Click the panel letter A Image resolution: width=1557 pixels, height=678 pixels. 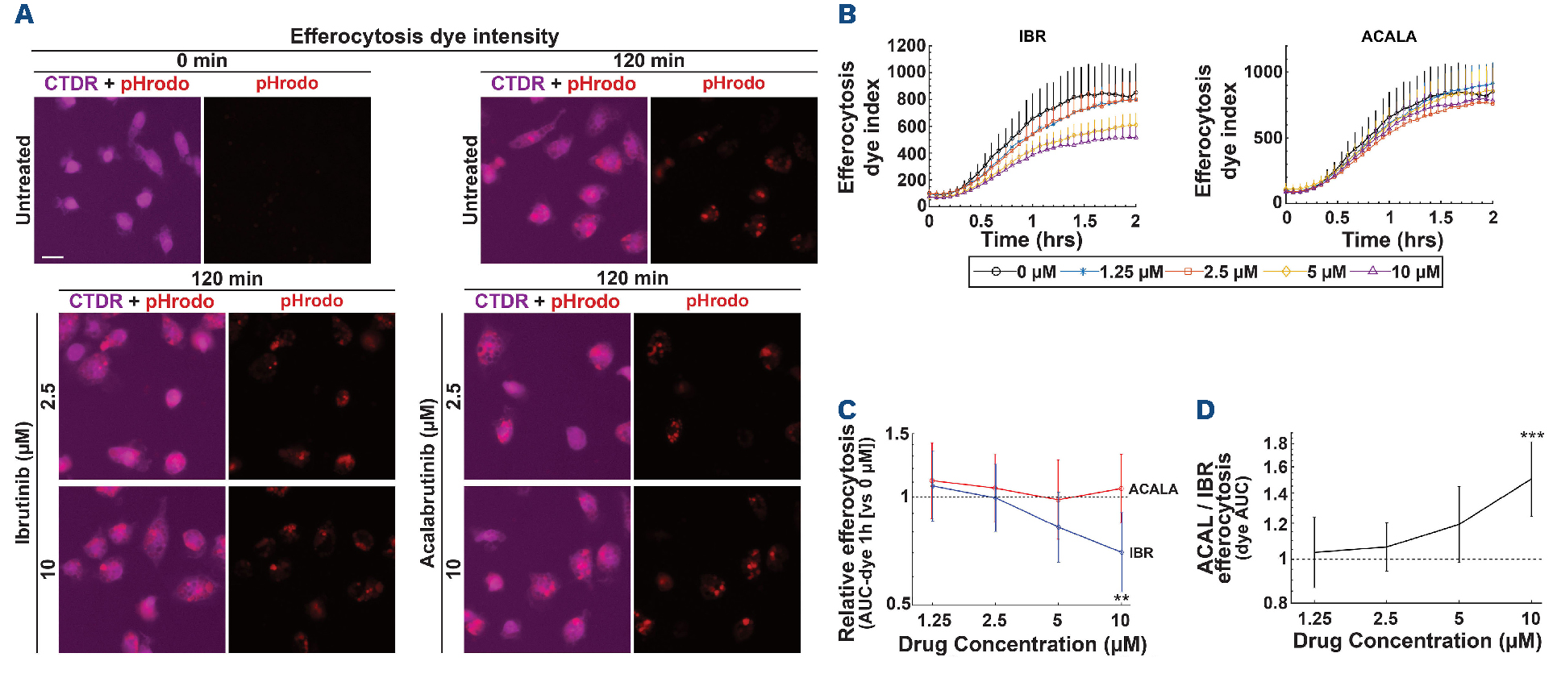coord(24,15)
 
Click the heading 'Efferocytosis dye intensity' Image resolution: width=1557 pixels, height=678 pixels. coord(424,36)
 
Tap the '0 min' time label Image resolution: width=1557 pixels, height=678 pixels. coord(202,60)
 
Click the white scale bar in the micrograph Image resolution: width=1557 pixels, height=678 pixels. coord(52,257)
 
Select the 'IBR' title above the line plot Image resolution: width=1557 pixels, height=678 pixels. coord(1032,36)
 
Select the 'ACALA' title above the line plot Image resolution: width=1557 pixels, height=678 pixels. coord(1388,36)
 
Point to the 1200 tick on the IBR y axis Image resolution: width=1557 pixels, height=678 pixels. coord(906,45)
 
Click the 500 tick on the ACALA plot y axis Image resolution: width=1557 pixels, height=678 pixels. coord(1267,138)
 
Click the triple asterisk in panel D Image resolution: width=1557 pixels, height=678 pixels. coord(1532,436)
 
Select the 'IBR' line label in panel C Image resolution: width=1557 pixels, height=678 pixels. coord(1141,553)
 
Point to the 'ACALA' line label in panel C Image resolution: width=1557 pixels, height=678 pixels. coord(1153,489)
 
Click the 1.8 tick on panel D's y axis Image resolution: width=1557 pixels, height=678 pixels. coord(1276,443)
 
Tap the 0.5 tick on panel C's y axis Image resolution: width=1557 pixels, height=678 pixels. coord(897,604)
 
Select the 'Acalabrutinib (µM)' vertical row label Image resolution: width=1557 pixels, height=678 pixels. coord(427,482)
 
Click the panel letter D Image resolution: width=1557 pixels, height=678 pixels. coord(1205,410)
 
